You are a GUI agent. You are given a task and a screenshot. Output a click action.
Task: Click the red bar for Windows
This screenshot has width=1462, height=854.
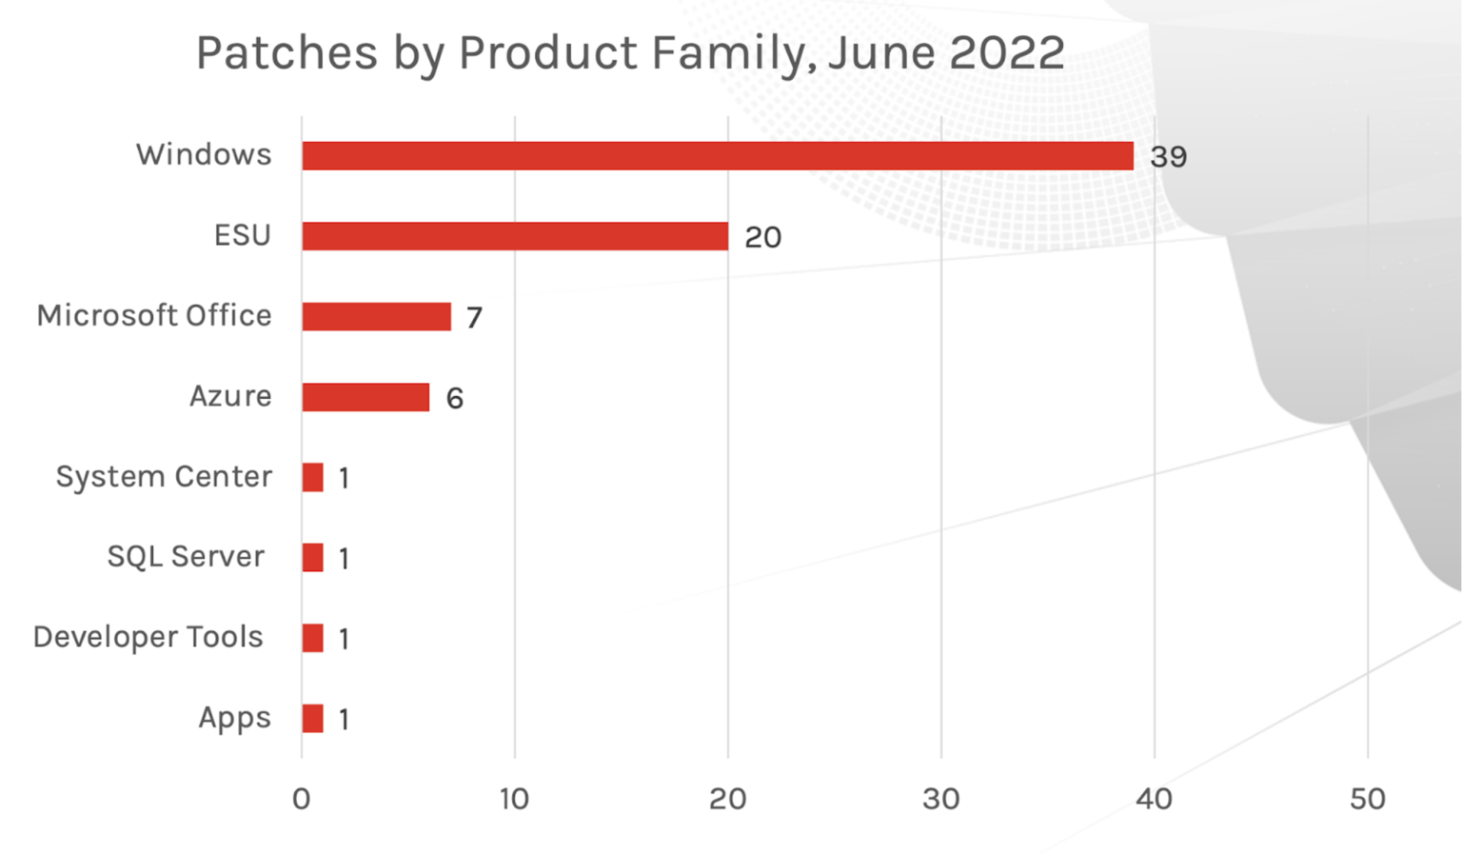(x=717, y=156)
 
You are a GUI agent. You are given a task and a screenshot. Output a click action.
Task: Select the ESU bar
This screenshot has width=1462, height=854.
(x=515, y=236)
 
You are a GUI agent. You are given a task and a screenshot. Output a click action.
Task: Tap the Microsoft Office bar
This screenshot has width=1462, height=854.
(x=376, y=316)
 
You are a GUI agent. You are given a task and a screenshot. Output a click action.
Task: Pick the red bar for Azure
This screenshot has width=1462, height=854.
(x=365, y=397)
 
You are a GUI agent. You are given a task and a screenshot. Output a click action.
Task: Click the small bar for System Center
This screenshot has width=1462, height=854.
(x=312, y=477)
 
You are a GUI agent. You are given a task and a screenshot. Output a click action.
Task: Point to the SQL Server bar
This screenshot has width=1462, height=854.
(x=312, y=557)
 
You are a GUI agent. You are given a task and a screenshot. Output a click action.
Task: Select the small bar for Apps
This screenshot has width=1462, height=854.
(x=312, y=718)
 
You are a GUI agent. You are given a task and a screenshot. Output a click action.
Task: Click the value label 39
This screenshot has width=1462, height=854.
(x=1168, y=157)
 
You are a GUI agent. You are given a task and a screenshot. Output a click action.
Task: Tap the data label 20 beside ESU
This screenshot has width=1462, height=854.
(x=762, y=237)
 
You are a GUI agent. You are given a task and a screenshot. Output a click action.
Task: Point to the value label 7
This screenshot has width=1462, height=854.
(x=474, y=317)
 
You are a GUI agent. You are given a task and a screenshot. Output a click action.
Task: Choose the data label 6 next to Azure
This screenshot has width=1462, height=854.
(x=454, y=398)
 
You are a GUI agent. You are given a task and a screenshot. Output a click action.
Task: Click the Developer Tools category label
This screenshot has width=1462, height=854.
(x=148, y=637)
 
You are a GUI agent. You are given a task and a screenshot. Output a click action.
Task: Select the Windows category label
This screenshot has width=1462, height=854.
(x=204, y=154)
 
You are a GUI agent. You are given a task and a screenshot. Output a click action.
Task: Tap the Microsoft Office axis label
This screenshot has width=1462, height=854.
(x=154, y=315)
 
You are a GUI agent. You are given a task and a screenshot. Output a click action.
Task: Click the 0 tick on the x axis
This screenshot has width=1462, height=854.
(x=302, y=799)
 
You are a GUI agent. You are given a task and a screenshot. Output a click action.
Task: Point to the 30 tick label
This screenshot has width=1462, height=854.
(x=940, y=799)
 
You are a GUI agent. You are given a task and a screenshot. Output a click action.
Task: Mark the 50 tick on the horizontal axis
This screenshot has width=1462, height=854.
(x=1367, y=799)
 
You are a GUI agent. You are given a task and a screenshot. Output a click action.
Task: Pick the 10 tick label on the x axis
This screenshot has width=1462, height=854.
(x=514, y=799)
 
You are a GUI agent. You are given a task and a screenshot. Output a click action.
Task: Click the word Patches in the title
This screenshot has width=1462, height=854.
(x=286, y=52)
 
